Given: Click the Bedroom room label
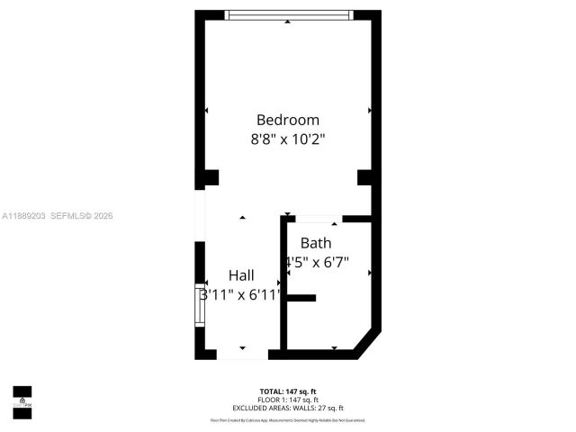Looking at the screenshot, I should coord(288,120).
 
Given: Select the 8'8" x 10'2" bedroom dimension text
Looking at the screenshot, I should coord(288,139).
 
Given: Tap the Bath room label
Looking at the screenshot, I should coord(316,243).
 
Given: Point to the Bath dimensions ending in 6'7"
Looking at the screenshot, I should coord(317,263).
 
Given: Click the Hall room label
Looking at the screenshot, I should coord(241,275).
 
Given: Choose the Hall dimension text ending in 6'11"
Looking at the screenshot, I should coord(241,294).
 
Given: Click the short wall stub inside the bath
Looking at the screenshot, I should coord(301,298).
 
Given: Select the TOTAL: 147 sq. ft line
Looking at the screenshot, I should coord(288,391).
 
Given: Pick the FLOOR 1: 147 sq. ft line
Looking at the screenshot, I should coord(288,400).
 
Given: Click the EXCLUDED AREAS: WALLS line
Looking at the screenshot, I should coord(288,408).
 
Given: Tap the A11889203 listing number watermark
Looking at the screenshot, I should coord(23,216).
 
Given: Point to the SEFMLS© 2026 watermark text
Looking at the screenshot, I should coord(82,216).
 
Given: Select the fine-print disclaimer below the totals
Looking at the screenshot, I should coord(288,420).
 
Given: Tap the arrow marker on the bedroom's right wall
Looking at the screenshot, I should coord(370,111).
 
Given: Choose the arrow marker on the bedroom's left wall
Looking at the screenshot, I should coord(206,111).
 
